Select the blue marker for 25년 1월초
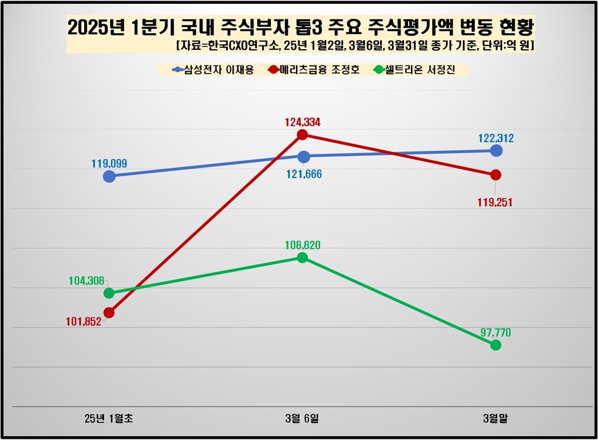(x=109, y=176)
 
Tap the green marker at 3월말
(x=496, y=345)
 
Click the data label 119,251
(x=496, y=203)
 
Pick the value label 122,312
(x=496, y=139)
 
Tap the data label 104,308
(x=86, y=281)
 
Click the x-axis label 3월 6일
(x=302, y=419)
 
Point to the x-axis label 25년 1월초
(x=109, y=419)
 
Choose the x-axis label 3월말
(x=496, y=419)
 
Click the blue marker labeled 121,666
(x=303, y=157)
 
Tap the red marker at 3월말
(x=496, y=175)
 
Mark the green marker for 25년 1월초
(x=109, y=293)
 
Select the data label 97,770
(x=496, y=333)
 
